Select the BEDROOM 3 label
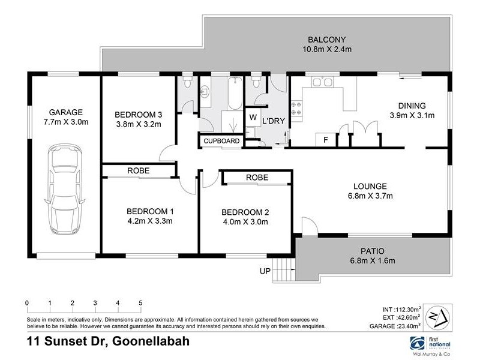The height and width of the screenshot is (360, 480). click(x=139, y=115)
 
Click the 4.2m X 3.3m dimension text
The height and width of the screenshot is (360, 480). click(x=149, y=220)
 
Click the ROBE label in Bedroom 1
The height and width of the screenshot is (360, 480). click(x=138, y=171)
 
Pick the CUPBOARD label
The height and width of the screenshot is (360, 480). click(x=221, y=141)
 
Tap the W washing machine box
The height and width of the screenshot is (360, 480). click(x=253, y=117)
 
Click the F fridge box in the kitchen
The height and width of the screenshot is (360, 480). click(x=325, y=140)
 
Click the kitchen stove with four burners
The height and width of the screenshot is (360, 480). click(x=296, y=108)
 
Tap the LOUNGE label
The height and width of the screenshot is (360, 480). click(x=370, y=185)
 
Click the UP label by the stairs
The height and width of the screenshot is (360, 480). click(x=265, y=272)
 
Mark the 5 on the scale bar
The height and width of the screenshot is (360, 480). click(x=140, y=302)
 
